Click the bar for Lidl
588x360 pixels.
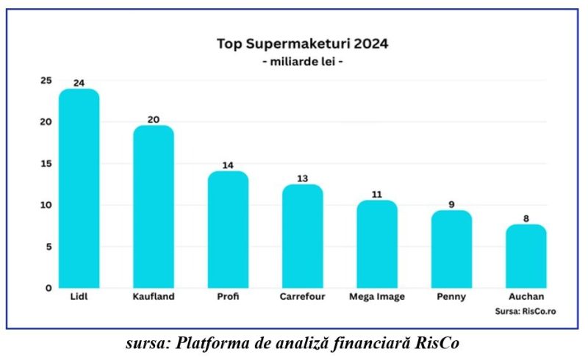pos(79,189)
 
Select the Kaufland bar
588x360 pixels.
pos(153,207)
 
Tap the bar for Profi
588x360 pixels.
pos(228,230)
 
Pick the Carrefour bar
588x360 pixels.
pos(302,237)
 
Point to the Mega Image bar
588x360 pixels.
pos(377,245)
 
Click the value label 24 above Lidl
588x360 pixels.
pos(79,83)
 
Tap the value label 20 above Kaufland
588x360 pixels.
pos(153,119)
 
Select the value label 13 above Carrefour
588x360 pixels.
pos(302,179)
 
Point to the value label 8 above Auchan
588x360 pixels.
pos(526,218)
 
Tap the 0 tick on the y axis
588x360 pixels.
pos(49,288)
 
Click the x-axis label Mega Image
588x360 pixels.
pos(376,298)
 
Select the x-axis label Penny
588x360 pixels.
pos(451,298)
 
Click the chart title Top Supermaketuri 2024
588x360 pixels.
pos(302,43)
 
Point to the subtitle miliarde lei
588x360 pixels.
pos(302,62)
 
